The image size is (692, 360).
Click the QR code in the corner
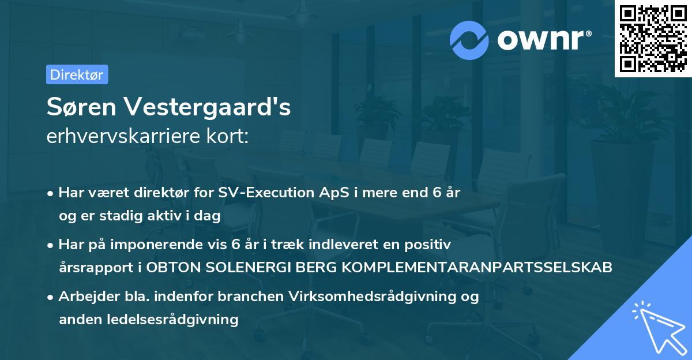653,39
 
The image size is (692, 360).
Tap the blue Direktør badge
77,74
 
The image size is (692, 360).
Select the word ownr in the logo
542,40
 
